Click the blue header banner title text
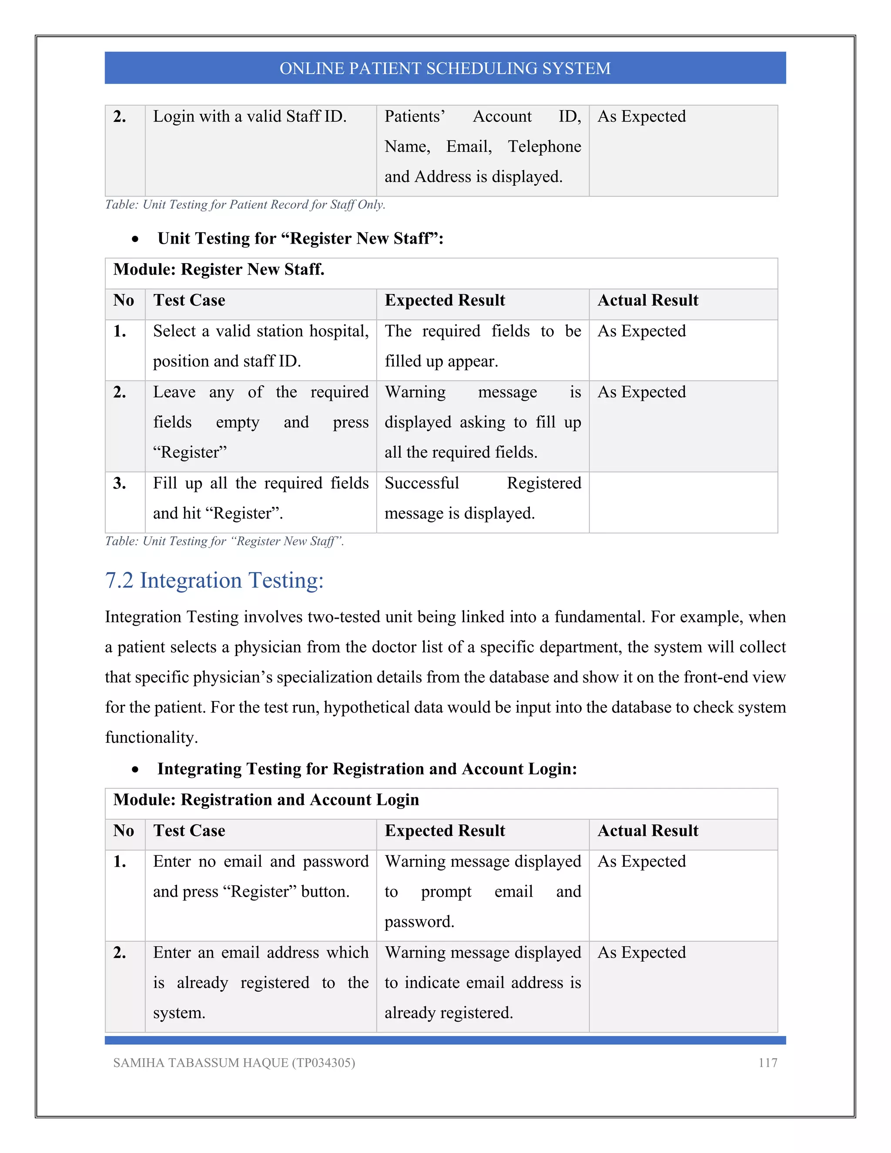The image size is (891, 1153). coord(445,68)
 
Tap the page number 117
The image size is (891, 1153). coord(767,1063)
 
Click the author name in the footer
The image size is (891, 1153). coord(234,1063)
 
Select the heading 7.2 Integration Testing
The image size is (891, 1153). coord(214,580)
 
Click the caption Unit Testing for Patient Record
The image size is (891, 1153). coord(245,204)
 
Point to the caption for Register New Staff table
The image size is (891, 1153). coord(224,541)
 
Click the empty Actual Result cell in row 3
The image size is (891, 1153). coord(683,502)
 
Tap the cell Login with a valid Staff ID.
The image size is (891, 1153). coord(250,116)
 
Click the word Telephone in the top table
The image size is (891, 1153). coord(544,146)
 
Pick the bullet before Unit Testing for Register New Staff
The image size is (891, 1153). coord(136,239)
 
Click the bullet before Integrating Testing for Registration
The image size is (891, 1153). coord(136,770)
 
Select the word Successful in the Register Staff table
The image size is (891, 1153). coord(422,483)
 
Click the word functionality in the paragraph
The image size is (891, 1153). coord(151,737)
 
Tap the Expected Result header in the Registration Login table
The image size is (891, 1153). coord(445,831)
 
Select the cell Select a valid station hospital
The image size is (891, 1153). coord(260,346)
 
